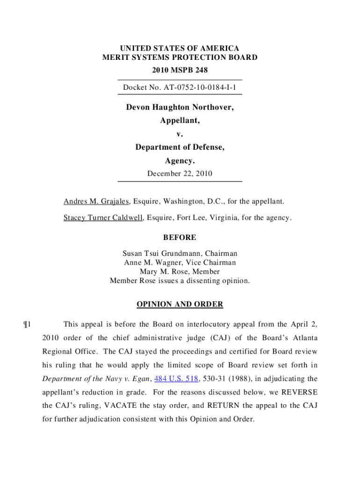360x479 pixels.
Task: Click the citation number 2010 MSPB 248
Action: coord(180,70)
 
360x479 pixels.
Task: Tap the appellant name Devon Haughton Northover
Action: coord(180,108)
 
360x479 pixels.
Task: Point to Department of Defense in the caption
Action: coord(180,147)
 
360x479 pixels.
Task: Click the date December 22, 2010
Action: coord(180,174)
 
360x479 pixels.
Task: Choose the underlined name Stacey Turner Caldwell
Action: coord(103,218)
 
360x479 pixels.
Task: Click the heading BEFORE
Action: coord(180,238)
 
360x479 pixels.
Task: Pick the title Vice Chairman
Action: coord(215,262)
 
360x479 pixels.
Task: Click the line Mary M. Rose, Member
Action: coord(180,271)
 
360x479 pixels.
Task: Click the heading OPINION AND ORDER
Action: coord(180,304)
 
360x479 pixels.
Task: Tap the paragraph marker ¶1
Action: coord(26,324)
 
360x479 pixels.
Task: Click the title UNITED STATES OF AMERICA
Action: coord(180,49)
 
